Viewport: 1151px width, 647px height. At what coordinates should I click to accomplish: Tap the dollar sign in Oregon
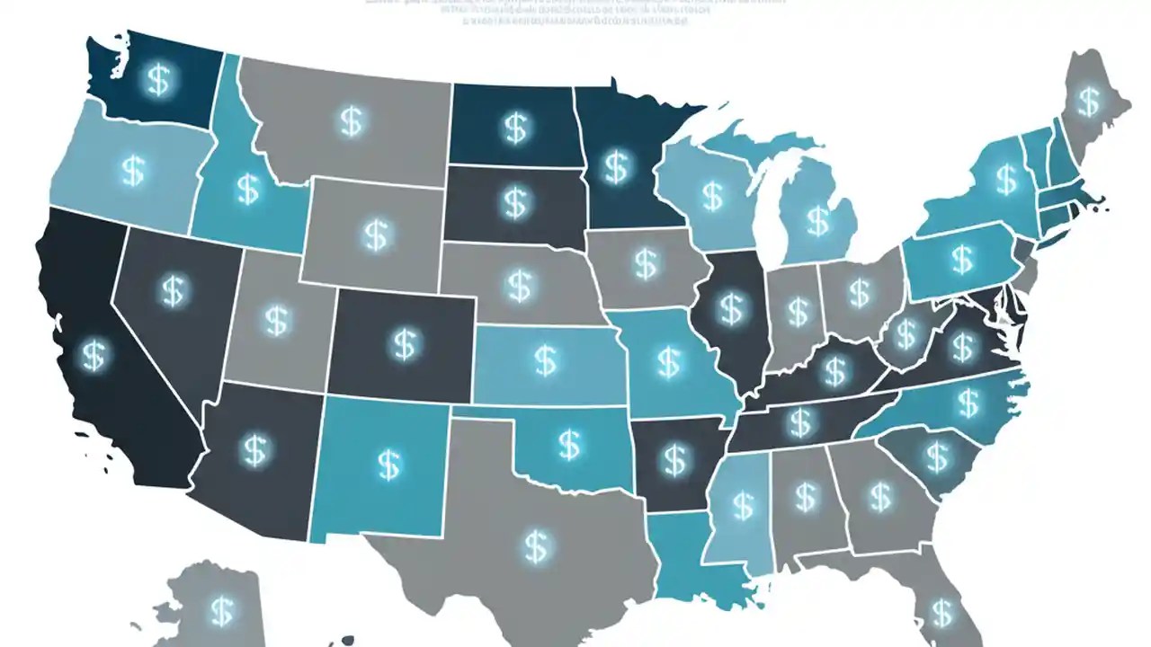click(133, 169)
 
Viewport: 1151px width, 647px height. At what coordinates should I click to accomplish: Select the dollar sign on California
click(92, 355)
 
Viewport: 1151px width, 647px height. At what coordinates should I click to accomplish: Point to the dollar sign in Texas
click(537, 543)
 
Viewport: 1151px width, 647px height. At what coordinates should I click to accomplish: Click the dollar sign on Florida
click(941, 613)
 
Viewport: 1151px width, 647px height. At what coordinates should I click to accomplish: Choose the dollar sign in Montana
click(350, 121)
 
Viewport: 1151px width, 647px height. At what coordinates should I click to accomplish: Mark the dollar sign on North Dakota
click(514, 128)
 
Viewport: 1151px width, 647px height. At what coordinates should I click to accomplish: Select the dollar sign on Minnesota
click(615, 166)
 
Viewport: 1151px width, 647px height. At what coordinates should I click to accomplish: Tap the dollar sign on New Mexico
click(388, 464)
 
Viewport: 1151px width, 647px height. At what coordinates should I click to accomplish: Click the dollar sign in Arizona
click(254, 449)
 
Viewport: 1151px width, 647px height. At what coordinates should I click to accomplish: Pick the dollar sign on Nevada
click(172, 289)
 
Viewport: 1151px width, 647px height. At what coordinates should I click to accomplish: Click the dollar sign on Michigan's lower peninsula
click(817, 218)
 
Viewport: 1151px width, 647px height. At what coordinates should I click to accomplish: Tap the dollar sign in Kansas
click(545, 360)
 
